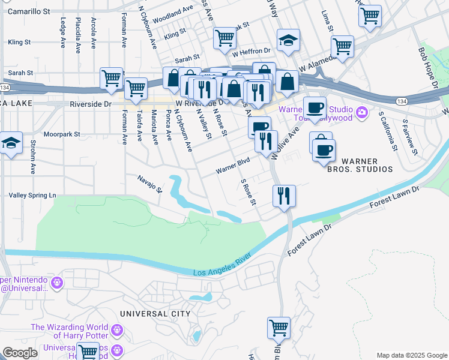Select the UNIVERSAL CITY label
pyautogui.click(x=155, y=314)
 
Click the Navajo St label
pyautogui.click(x=149, y=182)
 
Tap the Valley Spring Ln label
pyautogui.click(x=32, y=196)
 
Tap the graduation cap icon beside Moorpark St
pyautogui.click(x=11, y=143)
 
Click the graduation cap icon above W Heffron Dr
pyautogui.click(x=289, y=41)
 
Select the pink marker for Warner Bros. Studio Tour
pyautogui.click(x=361, y=112)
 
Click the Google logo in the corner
pyautogui.click(x=19, y=353)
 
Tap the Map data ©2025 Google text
pyautogui.click(x=412, y=355)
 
